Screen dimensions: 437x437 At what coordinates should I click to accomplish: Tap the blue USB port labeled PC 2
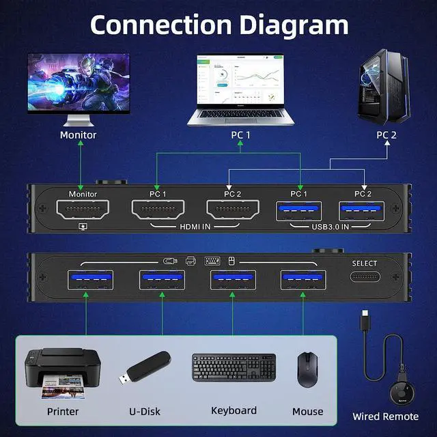pos(363,210)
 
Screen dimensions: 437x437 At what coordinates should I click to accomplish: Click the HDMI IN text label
pos(195,226)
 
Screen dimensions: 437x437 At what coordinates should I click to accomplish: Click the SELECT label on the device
pos(364,264)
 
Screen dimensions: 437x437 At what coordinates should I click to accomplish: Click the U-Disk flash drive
pos(145,369)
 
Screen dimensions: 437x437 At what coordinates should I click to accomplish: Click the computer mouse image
pos(307,370)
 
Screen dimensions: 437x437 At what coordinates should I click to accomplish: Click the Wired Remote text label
pos(386,417)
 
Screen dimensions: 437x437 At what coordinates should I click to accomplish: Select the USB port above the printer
pos(87,281)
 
